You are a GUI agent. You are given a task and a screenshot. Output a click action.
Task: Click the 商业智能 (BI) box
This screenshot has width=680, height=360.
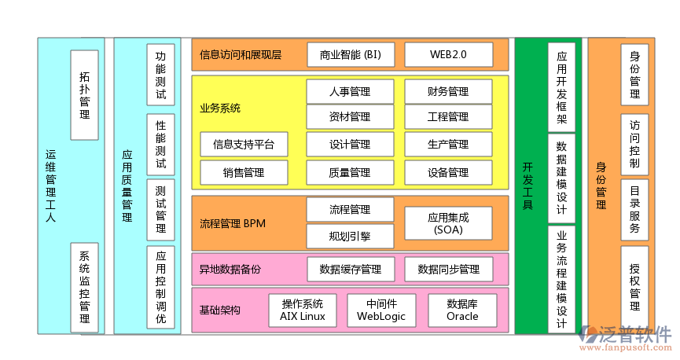point(351,55)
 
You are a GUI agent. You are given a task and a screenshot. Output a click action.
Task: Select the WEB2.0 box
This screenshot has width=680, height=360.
point(448,55)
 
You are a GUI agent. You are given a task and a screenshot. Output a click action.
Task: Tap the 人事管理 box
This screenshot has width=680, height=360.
point(350,92)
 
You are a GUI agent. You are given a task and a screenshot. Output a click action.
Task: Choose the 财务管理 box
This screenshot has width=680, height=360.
point(448,92)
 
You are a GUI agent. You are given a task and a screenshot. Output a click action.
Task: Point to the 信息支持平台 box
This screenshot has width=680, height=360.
point(244,145)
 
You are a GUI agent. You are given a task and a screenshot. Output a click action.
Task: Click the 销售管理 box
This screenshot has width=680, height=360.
point(244,172)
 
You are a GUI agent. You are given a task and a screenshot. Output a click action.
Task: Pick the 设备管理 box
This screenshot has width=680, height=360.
point(448,172)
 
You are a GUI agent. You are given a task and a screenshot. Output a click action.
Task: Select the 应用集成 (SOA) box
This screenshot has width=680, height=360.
point(448,223)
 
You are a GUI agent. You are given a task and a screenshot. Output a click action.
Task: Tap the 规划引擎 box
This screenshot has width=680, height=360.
point(350,235)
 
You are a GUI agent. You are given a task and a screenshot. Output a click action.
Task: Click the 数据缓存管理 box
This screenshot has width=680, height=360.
point(351,270)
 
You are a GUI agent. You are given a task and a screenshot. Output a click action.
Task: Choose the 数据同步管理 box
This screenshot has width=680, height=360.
point(448,270)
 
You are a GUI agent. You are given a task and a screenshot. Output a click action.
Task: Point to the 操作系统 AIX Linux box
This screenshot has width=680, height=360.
point(303,310)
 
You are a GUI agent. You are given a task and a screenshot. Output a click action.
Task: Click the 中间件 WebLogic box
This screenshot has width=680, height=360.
point(382,310)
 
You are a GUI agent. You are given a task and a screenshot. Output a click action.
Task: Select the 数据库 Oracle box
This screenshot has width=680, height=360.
point(462,310)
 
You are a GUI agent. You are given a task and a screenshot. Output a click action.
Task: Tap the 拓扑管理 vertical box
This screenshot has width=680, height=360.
point(84,94)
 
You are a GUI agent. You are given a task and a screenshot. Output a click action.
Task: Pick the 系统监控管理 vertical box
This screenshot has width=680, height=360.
point(84,287)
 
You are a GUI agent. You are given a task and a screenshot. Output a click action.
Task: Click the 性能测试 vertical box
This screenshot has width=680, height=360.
point(160,145)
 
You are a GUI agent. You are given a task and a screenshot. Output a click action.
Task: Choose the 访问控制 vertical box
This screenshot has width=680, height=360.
point(634,145)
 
